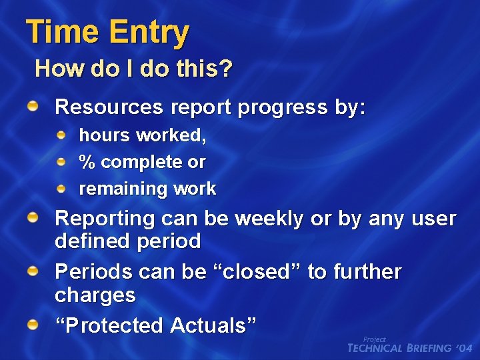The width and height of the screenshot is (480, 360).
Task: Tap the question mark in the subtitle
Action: (227, 68)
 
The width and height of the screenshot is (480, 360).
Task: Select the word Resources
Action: (109, 107)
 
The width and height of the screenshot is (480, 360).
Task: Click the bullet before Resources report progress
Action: (33, 106)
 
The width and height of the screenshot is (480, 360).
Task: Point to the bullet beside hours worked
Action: (61, 135)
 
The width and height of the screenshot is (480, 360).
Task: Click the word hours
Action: (104, 135)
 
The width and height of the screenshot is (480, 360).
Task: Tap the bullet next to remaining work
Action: (61, 189)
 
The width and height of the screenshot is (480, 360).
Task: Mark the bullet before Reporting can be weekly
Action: (33, 217)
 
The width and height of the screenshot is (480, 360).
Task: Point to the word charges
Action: (95, 295)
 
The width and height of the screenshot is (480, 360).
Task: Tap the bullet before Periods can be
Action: (33, 271)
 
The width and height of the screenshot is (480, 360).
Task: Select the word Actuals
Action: (213, 325)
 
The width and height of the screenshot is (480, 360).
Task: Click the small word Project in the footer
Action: (375, 339)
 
